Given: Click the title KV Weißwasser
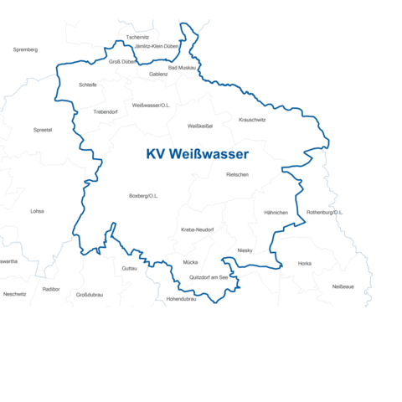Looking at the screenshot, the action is point(197,155).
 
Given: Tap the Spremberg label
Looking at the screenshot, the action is point(26,49).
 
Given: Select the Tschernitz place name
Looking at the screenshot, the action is point(137,38).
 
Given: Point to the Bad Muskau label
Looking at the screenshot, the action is point(182,67).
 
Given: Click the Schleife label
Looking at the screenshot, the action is point(87,85).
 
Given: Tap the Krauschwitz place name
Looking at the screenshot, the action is point(252,119).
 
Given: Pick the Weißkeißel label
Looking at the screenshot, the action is point(200,126).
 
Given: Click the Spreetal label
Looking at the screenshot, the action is point(43,130).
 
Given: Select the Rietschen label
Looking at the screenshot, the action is point(237,174).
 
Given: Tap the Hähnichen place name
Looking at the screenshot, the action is point(276,212).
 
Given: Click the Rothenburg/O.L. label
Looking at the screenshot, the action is point(325,212).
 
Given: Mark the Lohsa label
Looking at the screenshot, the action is point(37,211).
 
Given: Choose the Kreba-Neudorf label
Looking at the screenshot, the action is point(198,229).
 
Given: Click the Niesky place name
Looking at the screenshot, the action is point(245,250).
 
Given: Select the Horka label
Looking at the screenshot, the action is point(305,263).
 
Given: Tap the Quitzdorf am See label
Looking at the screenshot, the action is point(209,277).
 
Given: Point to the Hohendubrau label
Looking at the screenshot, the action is point(181,298).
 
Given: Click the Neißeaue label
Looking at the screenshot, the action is point(343,286).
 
